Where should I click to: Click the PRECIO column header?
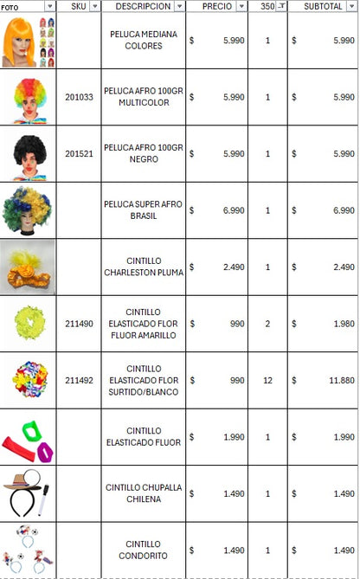(x=215, y=6)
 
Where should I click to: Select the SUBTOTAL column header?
(x=317, y=6)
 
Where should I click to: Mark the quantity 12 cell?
(x=267, y=380)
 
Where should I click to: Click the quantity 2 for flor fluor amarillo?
(x=267, y=324)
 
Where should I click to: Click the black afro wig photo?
(x=28, y=154)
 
